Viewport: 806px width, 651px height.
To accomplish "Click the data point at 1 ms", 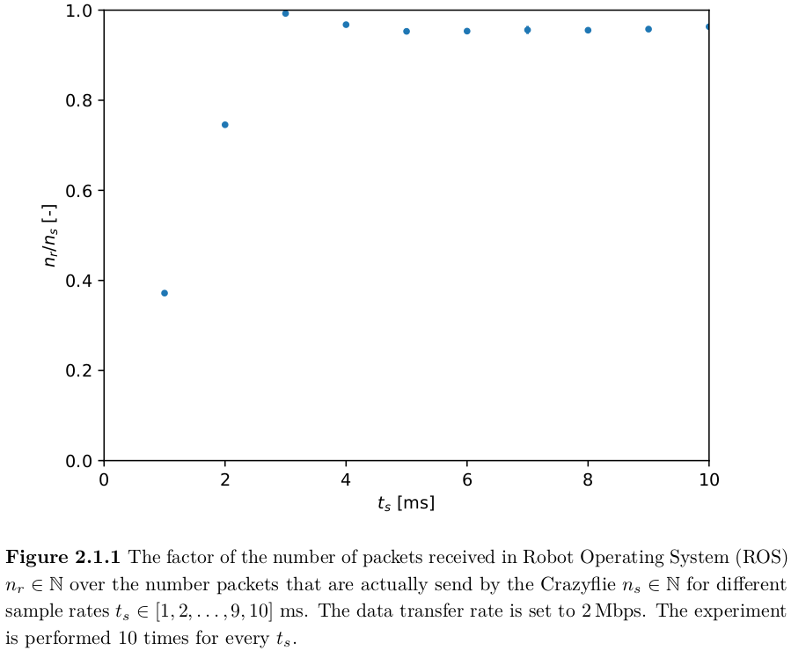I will [165, 293].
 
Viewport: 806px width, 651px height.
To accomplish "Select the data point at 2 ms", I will [225, 125].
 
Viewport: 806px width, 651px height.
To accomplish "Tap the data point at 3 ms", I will [285, 13].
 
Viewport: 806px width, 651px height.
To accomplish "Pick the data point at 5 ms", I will [407, 32].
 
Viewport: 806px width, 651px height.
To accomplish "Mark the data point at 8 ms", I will [588, 31].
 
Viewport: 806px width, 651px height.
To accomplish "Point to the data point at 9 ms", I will [648, 29].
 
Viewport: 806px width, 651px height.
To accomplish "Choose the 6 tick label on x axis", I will [467, 479].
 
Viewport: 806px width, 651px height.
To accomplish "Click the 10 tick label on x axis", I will [708, 479].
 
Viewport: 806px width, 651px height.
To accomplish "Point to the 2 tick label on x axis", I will [225, 479].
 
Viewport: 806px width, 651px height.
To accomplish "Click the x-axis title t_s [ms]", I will [406, 504].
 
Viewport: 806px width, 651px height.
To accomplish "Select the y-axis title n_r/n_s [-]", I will [52, 235].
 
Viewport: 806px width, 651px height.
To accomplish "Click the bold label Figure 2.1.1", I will [64, 557].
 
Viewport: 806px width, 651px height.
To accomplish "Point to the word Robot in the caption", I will [546, 557].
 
